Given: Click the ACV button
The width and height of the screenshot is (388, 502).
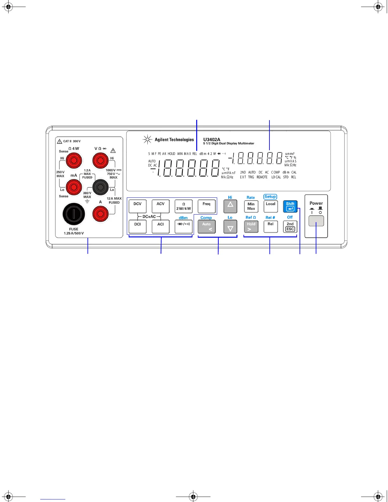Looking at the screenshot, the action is [160, 206].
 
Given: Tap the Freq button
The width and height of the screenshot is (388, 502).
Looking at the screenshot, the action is [206, 206].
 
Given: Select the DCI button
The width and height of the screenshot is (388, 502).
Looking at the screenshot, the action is [138, 226].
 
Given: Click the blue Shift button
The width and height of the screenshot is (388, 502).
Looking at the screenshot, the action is [290, 206].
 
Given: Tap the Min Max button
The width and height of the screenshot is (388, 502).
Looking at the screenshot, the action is [251, 206].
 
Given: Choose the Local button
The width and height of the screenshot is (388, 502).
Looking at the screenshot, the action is [270, 206].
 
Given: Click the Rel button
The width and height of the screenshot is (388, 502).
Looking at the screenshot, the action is [270, 226].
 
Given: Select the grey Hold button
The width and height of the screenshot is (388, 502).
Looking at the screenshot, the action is [251, 226].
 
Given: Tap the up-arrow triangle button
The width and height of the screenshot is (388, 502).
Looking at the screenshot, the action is [230, 206].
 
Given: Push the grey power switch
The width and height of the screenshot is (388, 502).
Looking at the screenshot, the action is [316, 221].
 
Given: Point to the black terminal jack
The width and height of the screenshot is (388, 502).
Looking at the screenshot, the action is [100, 187].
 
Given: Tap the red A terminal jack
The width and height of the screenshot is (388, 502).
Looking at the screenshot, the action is [100, 214].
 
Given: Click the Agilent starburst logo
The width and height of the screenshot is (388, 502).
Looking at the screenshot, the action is [147, 139].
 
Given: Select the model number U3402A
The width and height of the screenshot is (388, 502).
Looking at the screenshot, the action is [212, 139].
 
